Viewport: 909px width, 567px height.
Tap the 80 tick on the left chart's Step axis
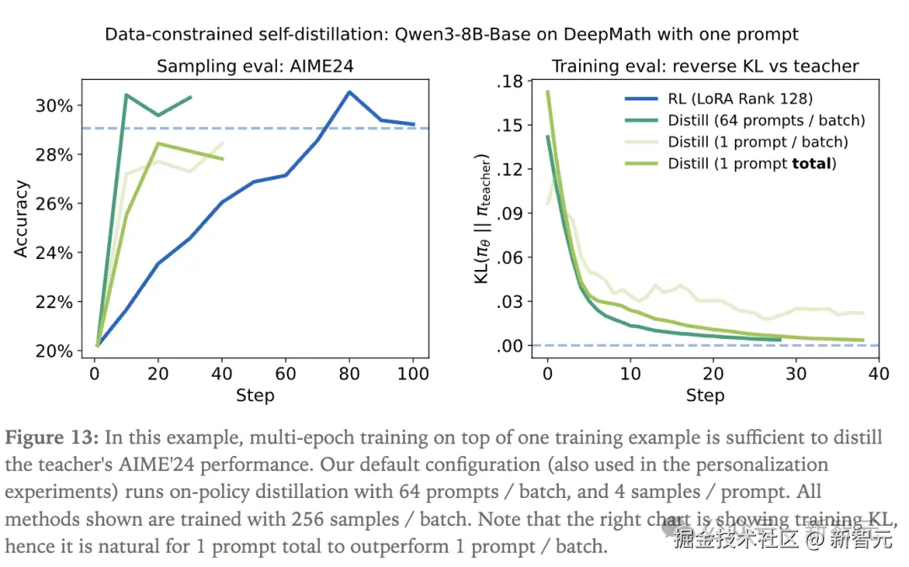click(x=349, y=374)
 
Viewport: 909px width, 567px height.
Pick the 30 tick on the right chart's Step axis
click(x=795, y=374)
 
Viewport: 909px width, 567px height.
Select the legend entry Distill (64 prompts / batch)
click(x=766, y=120)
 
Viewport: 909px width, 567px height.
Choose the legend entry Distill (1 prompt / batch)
click(x=757, y=141)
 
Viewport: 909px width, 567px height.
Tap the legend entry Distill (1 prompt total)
click(x=752, y=163)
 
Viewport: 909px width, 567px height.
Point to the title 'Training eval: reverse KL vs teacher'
click(x=705, y=66)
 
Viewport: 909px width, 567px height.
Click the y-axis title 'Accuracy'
click(x=22, y=219)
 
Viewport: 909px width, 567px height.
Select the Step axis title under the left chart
click(x=255, y=395)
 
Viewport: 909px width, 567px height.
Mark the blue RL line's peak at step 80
click(x=349, y=93)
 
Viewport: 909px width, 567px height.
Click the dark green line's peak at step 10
click(x=126, y=95)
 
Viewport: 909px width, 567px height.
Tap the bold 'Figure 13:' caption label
click(x=52, y=438)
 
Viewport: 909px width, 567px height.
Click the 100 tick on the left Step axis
click(x=413, y=374)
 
